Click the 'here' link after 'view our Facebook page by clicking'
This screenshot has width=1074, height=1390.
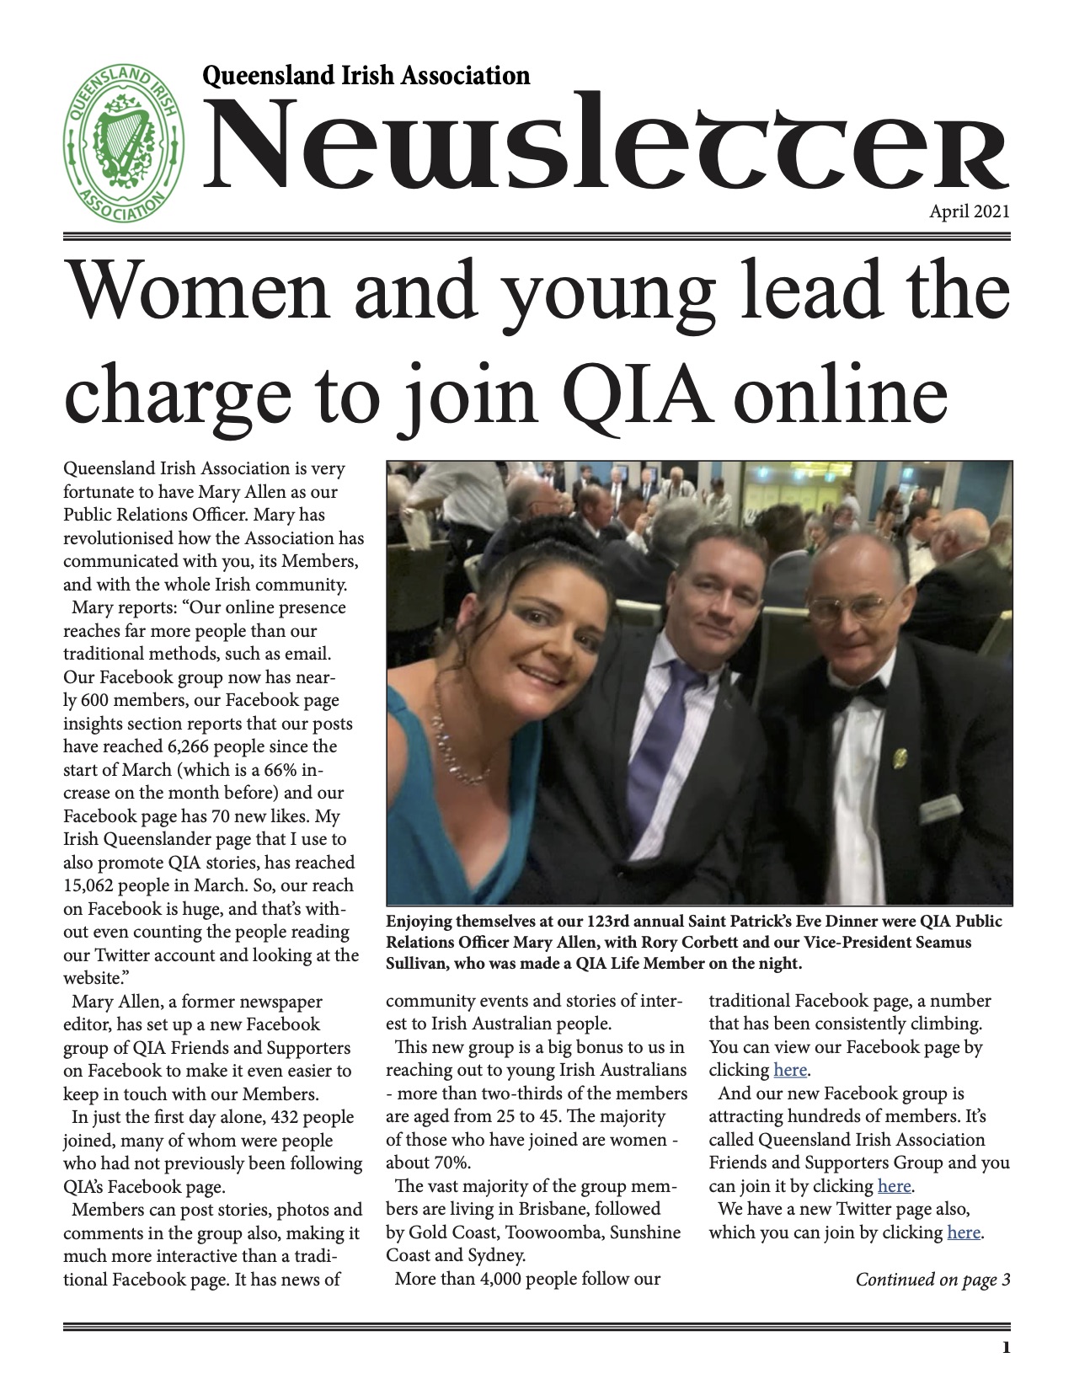click(x=790, y=1071)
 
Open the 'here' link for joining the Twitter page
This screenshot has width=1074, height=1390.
click(x=964, y=1232)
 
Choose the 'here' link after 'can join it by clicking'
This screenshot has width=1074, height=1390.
click(x=894, y=1186)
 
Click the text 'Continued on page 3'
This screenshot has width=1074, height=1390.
click(x=932, y=1280)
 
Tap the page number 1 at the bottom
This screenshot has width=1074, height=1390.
click(x=1004, y=1349)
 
